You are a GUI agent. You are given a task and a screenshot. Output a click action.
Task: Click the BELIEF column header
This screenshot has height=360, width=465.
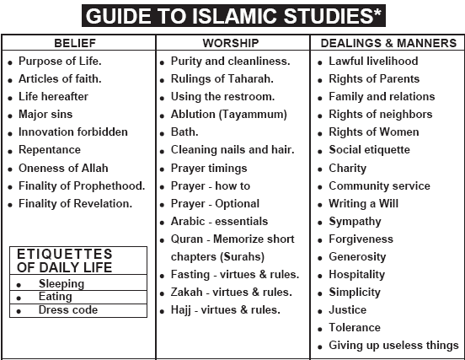pyautogui.click(x=79, y=42)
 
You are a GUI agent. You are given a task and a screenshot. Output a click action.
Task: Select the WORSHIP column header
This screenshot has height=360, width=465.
pyautogui.click(x=231, y=42)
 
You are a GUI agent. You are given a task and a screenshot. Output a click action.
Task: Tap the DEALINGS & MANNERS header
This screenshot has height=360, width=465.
pyautogui.click(x=388, y=42)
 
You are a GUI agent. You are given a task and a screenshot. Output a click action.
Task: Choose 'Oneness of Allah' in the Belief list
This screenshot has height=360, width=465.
pyautogui.click(x=63, y=168)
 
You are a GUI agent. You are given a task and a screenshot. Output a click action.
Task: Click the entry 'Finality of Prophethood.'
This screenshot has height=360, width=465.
pyautogui.click(x=82, y=185)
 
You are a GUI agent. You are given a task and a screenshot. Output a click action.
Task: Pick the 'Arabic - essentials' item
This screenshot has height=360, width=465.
pyautogui.click(x=219, y=221)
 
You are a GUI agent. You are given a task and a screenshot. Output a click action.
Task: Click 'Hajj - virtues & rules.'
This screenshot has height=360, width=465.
pyautogui.click(x=225, y=310)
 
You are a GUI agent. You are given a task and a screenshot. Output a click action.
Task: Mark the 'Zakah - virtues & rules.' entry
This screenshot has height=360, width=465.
pyautogui.click(x=231, y=293)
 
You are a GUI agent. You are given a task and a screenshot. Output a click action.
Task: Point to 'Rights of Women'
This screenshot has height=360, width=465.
pyautogui.click(x=374, y=132)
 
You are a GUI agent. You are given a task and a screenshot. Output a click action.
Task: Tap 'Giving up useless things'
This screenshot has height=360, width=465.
pyautogui.click(x=393, y=346)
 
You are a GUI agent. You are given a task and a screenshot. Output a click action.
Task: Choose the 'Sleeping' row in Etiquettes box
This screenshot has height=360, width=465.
pyautogui.click(x=61, y=284)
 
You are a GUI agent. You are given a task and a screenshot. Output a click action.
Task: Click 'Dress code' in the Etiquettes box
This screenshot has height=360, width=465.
pyautogui.click(x=68, y=310)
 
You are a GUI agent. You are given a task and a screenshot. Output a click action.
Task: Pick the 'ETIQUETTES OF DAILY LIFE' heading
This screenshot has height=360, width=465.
pyautogui.click(x=64, y=261)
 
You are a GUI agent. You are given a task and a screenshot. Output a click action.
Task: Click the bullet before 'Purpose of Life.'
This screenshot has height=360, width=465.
pyautogui.click(x=10, y=62)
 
